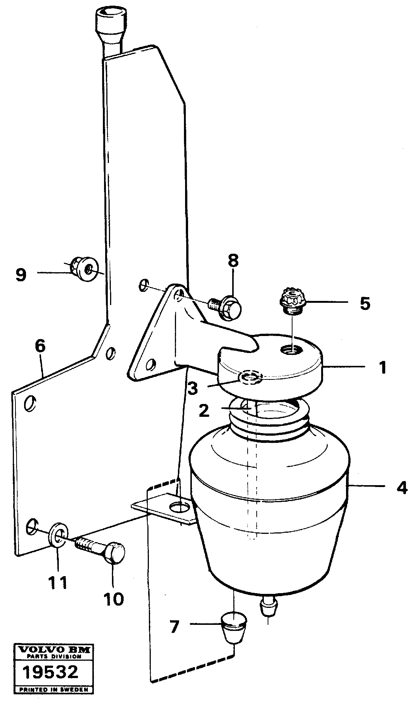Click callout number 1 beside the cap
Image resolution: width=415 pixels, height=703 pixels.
click(x=383, y=367)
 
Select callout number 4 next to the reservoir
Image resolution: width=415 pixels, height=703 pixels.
click(x=402, y=488)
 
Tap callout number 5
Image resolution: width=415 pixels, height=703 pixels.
click(x=364, y=303)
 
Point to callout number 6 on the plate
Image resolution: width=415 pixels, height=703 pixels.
click(x=40, y=346)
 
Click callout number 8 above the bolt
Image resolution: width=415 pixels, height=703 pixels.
click(x=233, y=261)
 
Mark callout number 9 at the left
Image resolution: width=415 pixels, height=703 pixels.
click(x=21, y=274)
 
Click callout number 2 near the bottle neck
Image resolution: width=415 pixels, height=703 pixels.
click(x=204, y=411)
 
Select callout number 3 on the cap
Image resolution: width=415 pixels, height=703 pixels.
click(x=193, y=388)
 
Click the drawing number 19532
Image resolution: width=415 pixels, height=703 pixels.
click(x=50, y=672)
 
